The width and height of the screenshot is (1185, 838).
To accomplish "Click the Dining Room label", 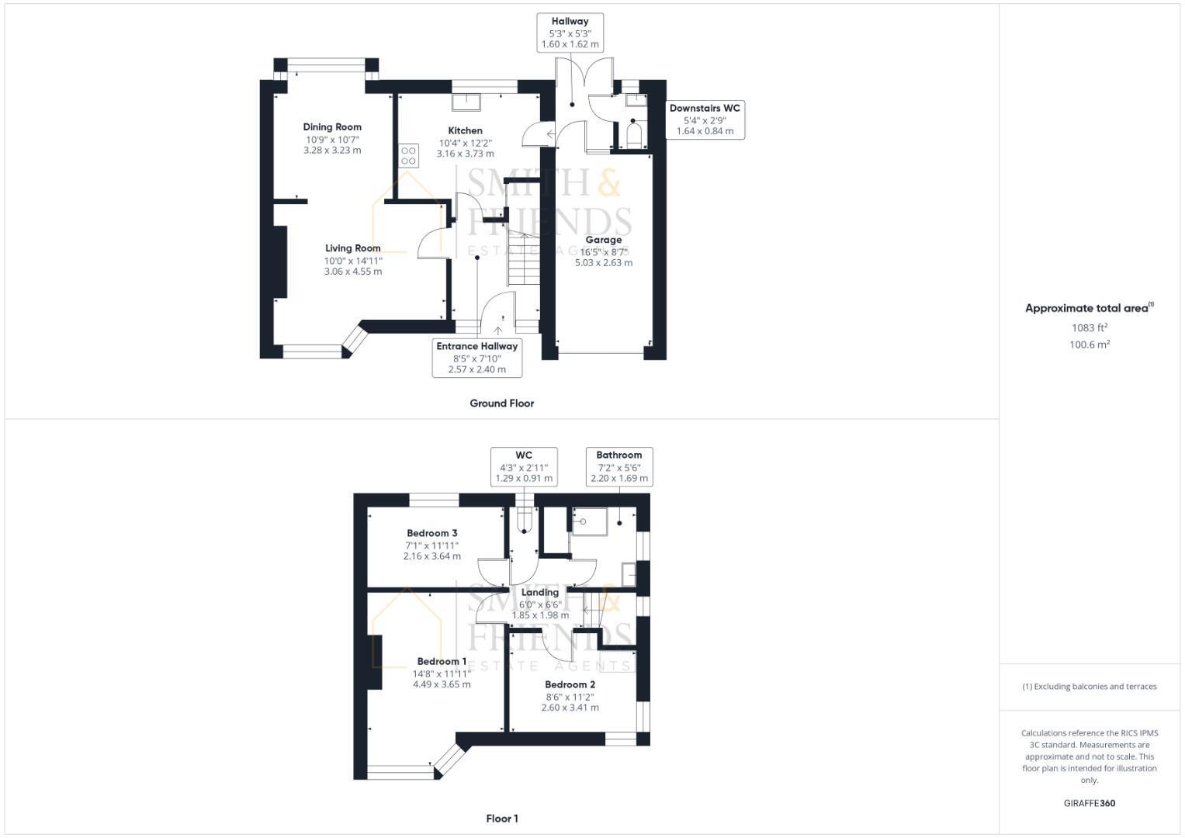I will tap(332, 126).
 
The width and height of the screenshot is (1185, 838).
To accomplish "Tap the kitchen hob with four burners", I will tap(409, 155).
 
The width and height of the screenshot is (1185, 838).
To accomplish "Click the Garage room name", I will tap(603, 240).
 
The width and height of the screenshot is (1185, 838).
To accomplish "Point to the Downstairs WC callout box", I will tap(705, 119).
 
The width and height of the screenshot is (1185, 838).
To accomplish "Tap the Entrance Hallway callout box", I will tap(476, 358).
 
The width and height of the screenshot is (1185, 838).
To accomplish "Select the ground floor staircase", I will tap(525, 260).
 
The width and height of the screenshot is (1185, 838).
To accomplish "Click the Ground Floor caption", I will tap(501, 403).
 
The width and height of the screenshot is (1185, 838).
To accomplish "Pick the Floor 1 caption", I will tap(501, 819).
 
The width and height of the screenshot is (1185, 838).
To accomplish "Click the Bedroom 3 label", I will tap(431, 533).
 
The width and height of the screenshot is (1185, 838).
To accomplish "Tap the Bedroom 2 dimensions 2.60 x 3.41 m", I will tap(570, 708).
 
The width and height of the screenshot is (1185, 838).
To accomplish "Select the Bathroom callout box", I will tap(618, 466).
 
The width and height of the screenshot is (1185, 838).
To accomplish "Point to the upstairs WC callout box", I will tap(524, 466).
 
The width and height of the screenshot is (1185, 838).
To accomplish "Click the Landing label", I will tap(539, 593).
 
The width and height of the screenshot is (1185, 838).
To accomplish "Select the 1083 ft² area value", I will tap(1089, 328).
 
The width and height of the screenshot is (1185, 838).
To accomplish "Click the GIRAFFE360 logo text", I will tap(1089, 803).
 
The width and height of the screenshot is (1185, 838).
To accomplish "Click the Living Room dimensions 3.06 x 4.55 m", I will tap(352, 272).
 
